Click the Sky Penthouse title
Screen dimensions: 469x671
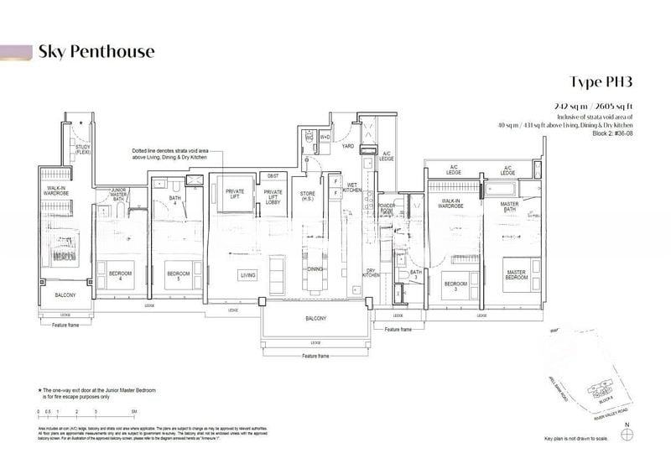point(96,52)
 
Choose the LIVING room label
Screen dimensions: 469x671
point(248,275)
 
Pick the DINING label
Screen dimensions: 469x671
point(315,269)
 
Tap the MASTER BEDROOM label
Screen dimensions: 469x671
point(515,275)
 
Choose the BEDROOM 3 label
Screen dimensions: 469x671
point(455,284)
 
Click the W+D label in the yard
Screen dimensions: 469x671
point(325,137)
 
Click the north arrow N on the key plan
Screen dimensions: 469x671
point(626,436)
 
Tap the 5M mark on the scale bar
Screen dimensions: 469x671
point(134,412)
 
